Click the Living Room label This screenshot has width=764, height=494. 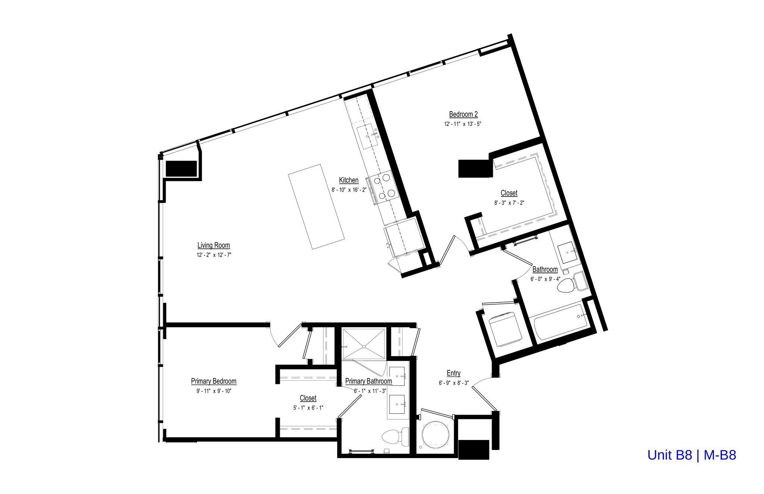(213, 245)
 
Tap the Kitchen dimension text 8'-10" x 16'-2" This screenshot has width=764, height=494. (349, 190)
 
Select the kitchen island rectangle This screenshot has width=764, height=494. (316, 207)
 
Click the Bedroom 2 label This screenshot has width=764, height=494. (463, 114)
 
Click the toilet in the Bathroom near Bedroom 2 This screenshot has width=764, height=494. (566, 285)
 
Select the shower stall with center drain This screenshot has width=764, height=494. (364, 344)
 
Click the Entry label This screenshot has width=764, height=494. (453, 373)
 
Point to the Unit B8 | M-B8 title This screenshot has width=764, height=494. (692, 455)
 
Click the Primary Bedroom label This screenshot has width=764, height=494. (213, 381)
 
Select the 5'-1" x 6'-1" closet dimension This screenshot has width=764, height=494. (308, 408)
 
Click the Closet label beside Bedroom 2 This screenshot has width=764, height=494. (509, 193)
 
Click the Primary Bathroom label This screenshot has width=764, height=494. (368, 381)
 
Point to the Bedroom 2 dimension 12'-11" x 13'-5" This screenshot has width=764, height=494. (463, 124)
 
